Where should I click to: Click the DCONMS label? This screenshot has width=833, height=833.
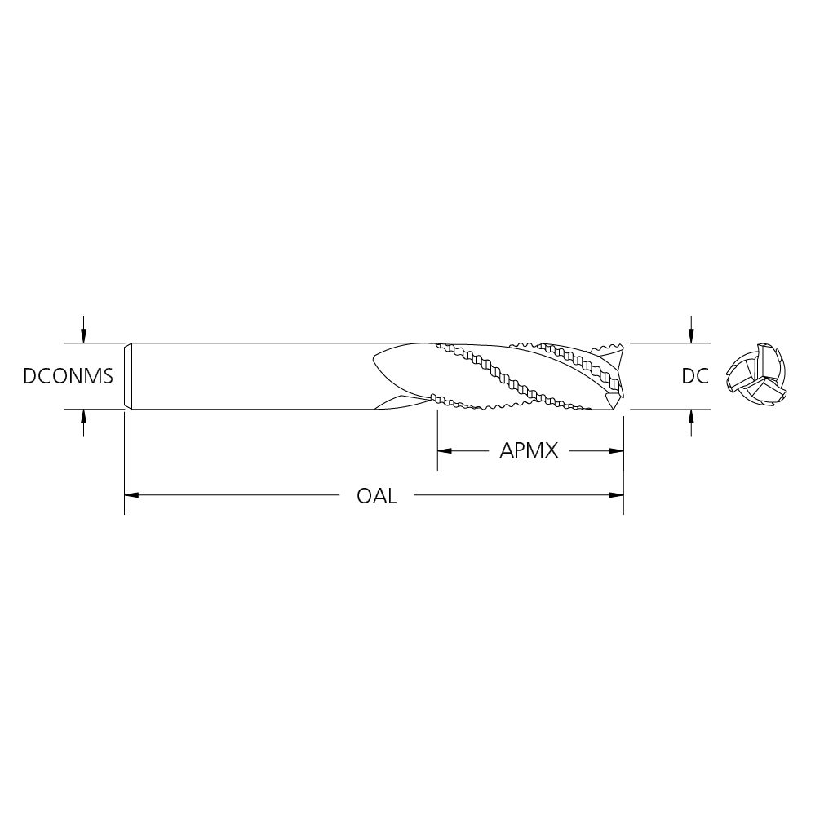pos(68,376)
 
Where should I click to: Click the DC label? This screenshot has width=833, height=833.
pos(695,376)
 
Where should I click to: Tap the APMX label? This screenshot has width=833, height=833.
pos(529,451)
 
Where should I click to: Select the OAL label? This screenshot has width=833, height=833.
pos(377,496)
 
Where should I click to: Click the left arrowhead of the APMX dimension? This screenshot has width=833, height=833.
pos(444,451)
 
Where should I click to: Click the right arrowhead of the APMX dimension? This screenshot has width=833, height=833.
pos(616,451)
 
